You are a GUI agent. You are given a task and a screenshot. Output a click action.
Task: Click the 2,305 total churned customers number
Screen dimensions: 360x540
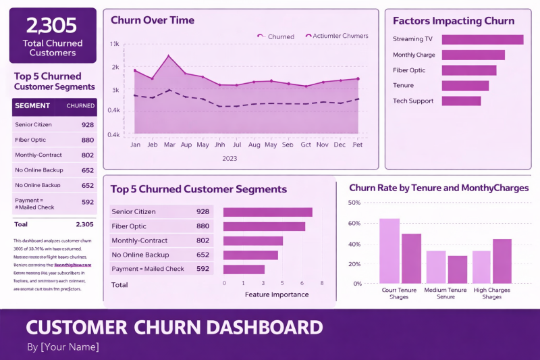[x=53, y=26]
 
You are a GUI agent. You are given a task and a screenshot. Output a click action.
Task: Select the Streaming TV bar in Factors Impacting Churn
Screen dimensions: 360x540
[x=483, y=39]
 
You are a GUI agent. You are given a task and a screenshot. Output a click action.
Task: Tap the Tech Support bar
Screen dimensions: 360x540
[x=461, y=101]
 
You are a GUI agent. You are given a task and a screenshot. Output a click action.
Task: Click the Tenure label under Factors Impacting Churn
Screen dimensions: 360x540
[x=403, y=85]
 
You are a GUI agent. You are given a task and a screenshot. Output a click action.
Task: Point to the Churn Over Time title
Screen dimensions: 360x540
[x=153, y=20]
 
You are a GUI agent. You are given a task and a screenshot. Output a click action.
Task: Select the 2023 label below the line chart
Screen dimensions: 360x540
[x=230, y=158]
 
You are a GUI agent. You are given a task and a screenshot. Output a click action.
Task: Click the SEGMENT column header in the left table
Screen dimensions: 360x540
[x=32, y=106]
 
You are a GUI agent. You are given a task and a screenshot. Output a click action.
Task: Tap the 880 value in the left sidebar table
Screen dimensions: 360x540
[x=88, y=140]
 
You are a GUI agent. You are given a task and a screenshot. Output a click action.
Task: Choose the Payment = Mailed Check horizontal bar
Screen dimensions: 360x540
[x=244, y=269]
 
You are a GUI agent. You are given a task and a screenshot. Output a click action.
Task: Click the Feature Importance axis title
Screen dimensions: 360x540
[x=277, y=294]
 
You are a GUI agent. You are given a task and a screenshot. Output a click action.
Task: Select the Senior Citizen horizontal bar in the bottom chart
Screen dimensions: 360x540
[x=267, y=212]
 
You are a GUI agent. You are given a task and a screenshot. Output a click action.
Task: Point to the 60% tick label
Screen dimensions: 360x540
[x=354, y=223]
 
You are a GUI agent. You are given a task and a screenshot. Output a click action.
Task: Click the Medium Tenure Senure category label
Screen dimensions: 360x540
[x=446, y=293]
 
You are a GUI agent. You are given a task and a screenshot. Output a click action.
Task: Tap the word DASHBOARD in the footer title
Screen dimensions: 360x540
[x=254, y=328]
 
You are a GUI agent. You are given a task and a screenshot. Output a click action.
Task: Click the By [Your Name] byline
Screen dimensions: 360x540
[x=63, y=347]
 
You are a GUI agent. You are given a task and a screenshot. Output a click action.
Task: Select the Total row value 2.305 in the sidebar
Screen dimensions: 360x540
[x=85, y=224]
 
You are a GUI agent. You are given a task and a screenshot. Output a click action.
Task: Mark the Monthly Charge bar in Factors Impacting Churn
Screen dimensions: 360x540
[x=473, y=55]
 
